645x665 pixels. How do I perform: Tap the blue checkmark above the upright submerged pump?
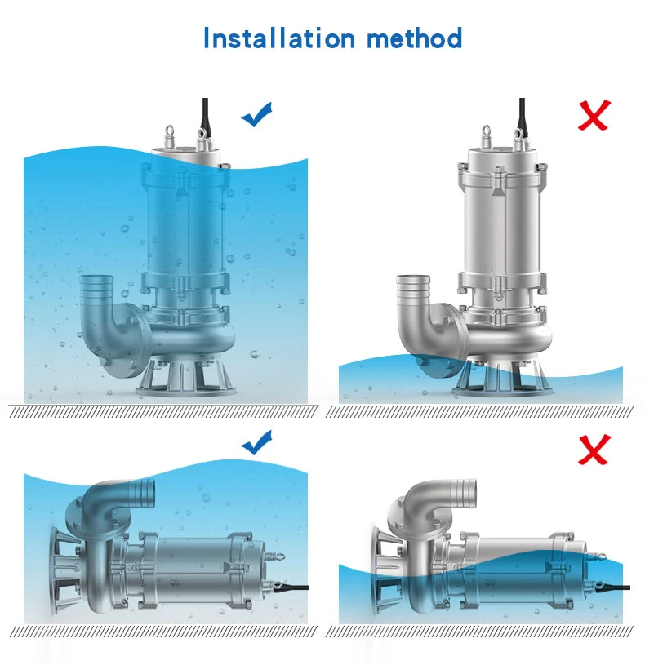[256, 116]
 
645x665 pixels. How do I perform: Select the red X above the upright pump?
[594, 115]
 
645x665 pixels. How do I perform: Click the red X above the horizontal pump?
[594, 449]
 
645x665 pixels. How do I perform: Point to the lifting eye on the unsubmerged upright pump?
[487, 131]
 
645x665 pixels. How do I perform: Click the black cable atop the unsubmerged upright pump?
[522, 114]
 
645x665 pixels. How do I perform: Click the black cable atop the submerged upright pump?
[205, 114]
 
